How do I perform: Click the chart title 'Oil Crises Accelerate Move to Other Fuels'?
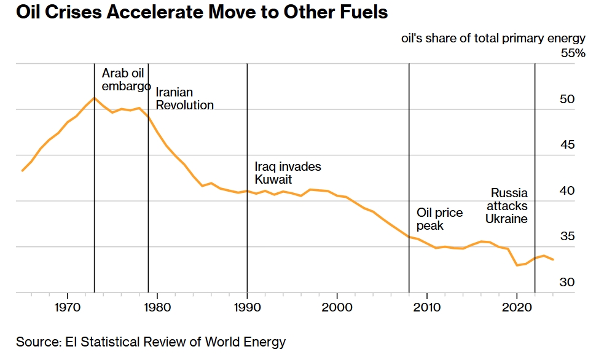(x=202, y=12)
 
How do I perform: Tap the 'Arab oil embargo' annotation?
(x=126, y=79)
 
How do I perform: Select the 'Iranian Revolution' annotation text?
(x=185, y=98)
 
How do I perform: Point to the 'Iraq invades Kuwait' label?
(x=288, y=173)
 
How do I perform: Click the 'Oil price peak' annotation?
(x=439, y=219)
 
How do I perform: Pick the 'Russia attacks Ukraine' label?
(x=507, y=206)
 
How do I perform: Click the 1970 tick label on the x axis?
(x=67, y=307)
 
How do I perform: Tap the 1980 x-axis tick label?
(x=157, y=307)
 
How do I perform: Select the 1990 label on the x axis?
(x=247, y=307)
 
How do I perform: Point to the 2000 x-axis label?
(x=337, y=307)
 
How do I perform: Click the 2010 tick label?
(x=427, y=307)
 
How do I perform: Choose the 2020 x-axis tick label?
(x=517, y=307)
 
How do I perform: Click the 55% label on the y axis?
(x=573, y=53)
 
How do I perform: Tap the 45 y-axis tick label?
(x=567, y=145)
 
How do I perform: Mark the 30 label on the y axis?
(x=567, y=282)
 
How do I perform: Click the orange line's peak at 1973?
(x=94, y=98)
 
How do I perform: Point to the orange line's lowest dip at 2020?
(x=517, y=265)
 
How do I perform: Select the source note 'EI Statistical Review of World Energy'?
(x=175, y=342)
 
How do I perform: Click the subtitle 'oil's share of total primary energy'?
(x=493, y=38)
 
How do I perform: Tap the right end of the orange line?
(x=553, y=260)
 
